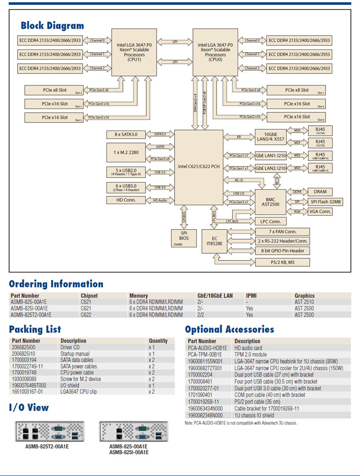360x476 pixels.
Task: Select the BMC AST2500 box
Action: click(x=271, y=201)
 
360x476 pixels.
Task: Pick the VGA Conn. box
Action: click(x=320, y=211)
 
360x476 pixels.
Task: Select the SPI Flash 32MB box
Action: click(x=325, y=202)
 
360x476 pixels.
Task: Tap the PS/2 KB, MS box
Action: click(x=282, y=262)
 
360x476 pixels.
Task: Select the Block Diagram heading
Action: click(x=52, y=25)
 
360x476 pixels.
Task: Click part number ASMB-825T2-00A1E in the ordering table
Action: click(x=31, y=315)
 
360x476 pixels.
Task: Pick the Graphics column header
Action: click(x=305, y=296)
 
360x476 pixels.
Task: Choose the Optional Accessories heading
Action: click(x=229, y=330)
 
